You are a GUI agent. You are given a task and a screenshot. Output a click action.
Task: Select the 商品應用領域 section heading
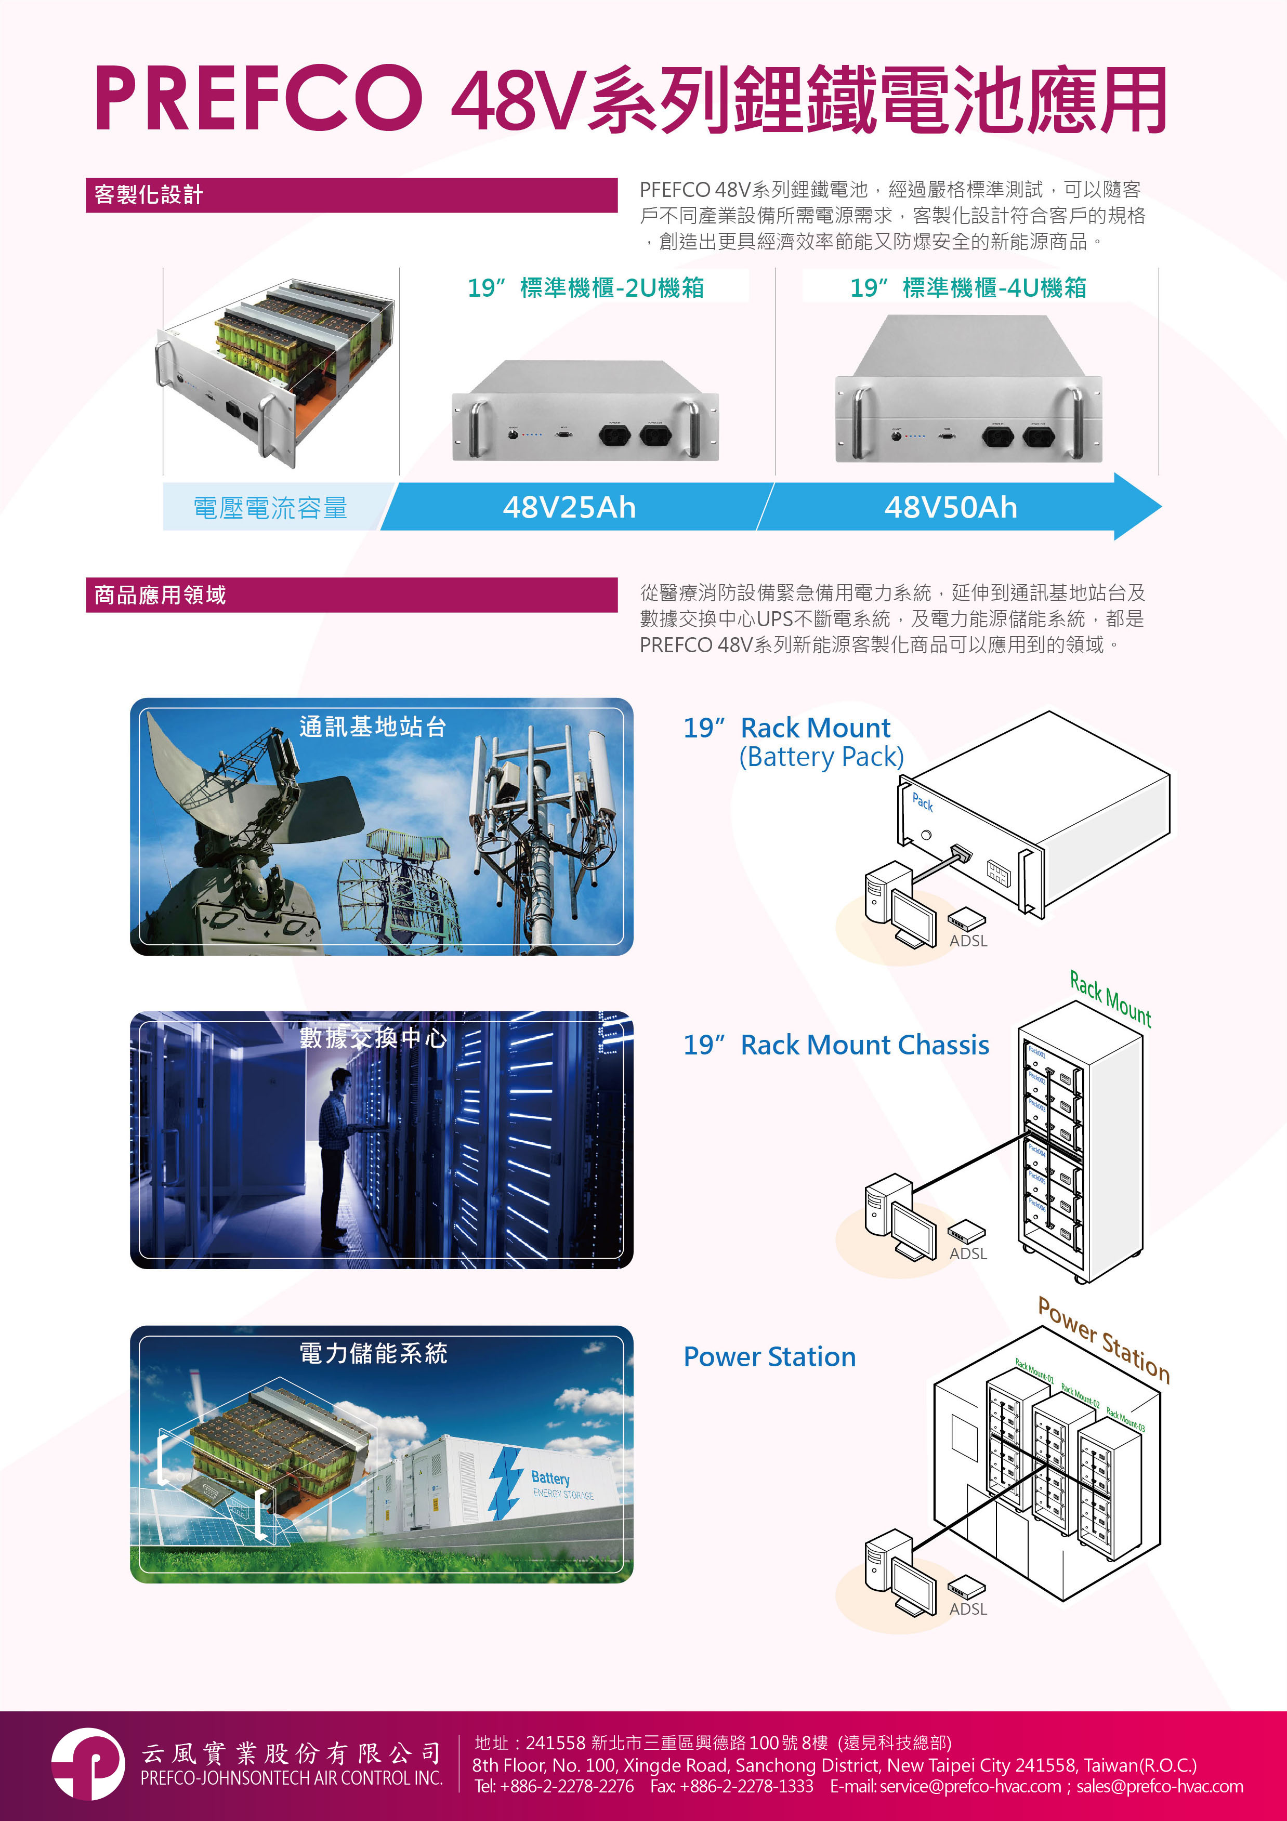160,595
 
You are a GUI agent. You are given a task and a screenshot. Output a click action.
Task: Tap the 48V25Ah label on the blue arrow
569,507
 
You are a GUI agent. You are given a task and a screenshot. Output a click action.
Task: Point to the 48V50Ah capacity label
951,507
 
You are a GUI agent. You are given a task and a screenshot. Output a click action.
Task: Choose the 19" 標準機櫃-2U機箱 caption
586,287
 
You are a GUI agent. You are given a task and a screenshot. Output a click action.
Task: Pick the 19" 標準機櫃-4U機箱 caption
968,287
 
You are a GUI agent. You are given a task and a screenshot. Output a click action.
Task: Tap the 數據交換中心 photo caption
373,1037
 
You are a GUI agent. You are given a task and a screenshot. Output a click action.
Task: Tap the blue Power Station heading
770,1357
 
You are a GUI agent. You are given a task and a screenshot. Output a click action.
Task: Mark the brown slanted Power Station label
1104,1340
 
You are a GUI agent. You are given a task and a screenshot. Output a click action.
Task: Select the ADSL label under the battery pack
968,941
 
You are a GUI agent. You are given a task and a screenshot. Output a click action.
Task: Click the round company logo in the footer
88,1765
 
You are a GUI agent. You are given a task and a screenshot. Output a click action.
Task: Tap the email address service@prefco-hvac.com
969,1786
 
